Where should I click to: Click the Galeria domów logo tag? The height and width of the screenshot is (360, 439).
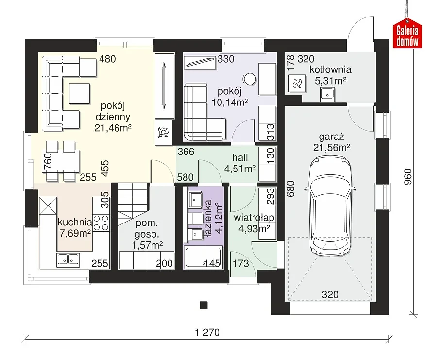pos(407,34)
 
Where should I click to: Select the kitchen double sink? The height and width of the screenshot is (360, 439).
pos(68,260)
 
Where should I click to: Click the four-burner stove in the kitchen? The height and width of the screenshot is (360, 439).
pos(101,223)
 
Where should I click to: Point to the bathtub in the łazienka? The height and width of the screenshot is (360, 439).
pos(203,257)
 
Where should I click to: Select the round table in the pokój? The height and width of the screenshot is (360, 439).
pos(249,79)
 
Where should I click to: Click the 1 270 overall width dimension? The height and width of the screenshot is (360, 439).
pos(207,332)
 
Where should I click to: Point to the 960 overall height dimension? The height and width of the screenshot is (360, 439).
pos(408,176)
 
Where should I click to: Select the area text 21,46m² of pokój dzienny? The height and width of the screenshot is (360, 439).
pos(113,128)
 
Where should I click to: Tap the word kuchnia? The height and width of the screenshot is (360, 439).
pos(75,222)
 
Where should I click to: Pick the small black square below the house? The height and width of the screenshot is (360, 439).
pos(203,305)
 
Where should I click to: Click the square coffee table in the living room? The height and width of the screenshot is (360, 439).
pos(80,93)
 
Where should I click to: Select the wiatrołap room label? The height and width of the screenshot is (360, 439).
pos(254,217)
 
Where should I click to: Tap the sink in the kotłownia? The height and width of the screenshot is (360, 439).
pos(327,94)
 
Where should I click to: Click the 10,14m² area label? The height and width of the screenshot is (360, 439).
pos(230,102)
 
